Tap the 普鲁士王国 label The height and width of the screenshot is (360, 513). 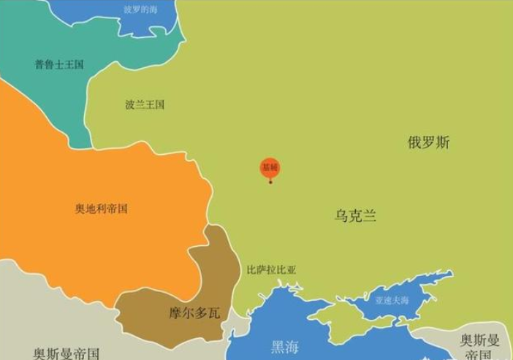point(59,64)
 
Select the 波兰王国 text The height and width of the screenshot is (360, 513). point(145,104)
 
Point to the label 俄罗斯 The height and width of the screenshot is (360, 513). point(428,142)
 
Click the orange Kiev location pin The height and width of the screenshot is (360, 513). point(270,168)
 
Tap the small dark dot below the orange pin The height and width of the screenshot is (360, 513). point(270,182)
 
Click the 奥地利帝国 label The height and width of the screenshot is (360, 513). point(102,208)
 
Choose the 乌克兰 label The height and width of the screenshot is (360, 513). point(356,215)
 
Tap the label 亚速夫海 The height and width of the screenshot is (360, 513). point(392,300)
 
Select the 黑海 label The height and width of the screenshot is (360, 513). point(284,347)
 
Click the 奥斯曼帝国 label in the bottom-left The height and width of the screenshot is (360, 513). point(66,353)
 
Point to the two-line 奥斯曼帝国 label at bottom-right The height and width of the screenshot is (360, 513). point(479,346)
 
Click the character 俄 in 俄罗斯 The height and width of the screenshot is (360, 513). point(414,142)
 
